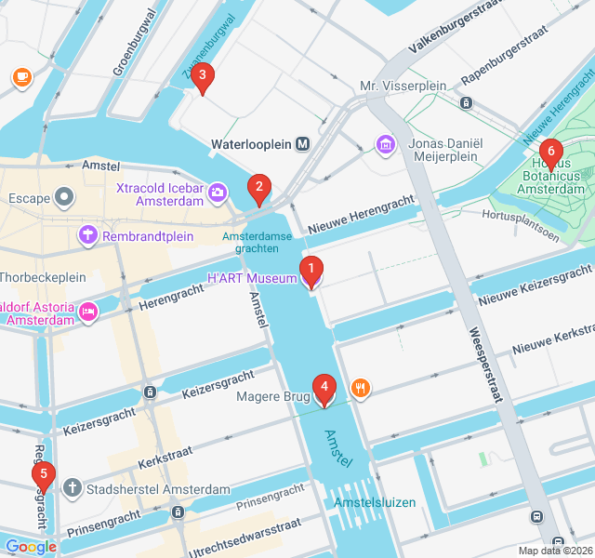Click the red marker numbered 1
pyautogui.click(x=311, y=271)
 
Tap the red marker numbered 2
pyautogui.click(x=258, y=189)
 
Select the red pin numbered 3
pyautogui.click(x=202, y=77)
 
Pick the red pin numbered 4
pyautogui.click(x=324, y=389)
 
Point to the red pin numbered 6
pyautogui.click(x=550, y=153)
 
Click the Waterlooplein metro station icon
pyautogui.click(x=302, y=144)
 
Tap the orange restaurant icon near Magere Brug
pyautogui.click(x=360, y=388)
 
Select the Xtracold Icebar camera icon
pyautogui.click(x=218, y=193)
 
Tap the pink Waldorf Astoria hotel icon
pyautogui.click(x=88, y=311)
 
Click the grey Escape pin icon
pyautogui.click(x=64, y=197)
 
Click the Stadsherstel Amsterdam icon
pyautogui.click(x=73, y=488)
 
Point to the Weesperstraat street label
pyautogui.click(x=486, y=362)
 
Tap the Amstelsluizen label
pyautogui.click(x=376, y=503)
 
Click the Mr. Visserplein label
pyautogui.click(x=403, y=86)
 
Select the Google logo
pyautogui.click(x=30, y=547)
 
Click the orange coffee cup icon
pyautogui.click(x=21, y=78)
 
